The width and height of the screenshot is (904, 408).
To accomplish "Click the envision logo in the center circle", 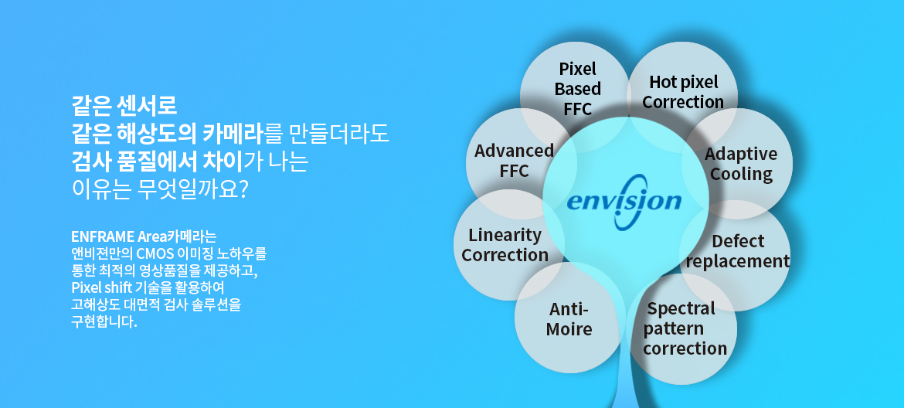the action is [x=624, y=201].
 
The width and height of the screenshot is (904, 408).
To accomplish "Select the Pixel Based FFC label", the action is [x=578, y=89].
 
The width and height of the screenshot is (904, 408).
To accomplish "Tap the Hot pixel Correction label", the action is [x=683, y=92].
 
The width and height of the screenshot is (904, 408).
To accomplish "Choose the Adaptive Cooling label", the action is [x=741, y=164].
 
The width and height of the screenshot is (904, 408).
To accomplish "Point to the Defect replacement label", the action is [x=737, y=251].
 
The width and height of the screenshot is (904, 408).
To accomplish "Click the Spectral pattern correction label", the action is [x=685, y=328].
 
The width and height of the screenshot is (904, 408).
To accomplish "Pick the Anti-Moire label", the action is [x=569, y=319].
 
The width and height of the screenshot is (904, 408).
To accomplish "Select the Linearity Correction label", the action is [x=505, y=245].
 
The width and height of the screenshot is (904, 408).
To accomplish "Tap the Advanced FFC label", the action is [x=514, y=160].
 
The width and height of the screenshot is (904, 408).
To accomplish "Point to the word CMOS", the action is [x=151, y=253].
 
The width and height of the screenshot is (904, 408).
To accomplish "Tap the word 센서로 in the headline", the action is [x=147, y=106].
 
